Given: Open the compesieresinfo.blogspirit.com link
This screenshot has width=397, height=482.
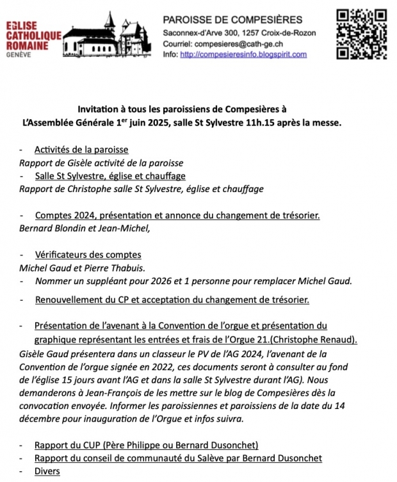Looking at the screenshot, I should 243,54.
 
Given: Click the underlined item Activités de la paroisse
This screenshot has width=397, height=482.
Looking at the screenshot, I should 81,150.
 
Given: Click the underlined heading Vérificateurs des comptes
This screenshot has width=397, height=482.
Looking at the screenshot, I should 88,255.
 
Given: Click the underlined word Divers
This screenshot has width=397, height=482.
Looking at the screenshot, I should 47,471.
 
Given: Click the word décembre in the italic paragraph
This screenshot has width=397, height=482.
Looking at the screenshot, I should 43,419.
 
